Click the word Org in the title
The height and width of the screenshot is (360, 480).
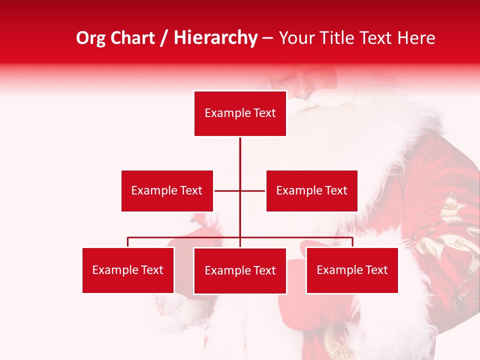pos(90,38)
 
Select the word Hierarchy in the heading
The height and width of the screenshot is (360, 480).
pos(215,38)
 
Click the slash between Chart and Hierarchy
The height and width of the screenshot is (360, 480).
pos(164,38)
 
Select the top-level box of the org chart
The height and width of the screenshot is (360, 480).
pos(240,113)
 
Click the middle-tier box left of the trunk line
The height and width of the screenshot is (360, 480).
pos(167,190)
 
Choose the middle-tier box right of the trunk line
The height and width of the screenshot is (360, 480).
pos(311,190)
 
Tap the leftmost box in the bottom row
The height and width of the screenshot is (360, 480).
pos(128,270)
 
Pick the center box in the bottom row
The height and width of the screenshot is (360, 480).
pos(240,270)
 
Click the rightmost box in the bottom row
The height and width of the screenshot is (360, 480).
pos(352,270)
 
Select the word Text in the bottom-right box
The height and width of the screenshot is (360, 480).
pos(376,270)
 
